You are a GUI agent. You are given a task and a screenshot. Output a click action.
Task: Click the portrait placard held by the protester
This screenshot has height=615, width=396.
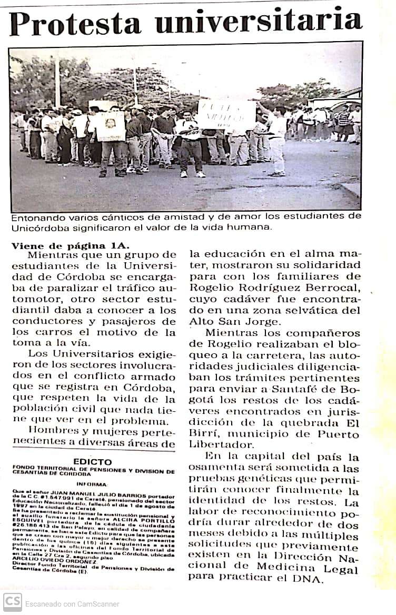111,126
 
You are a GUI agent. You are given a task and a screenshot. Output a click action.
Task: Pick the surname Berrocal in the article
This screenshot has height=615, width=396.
333,287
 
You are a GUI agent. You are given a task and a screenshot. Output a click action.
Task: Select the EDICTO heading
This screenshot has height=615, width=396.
93,461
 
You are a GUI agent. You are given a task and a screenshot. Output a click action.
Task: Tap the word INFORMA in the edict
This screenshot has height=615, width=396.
92,483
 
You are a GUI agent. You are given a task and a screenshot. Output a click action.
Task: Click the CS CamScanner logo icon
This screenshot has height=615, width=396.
12,603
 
